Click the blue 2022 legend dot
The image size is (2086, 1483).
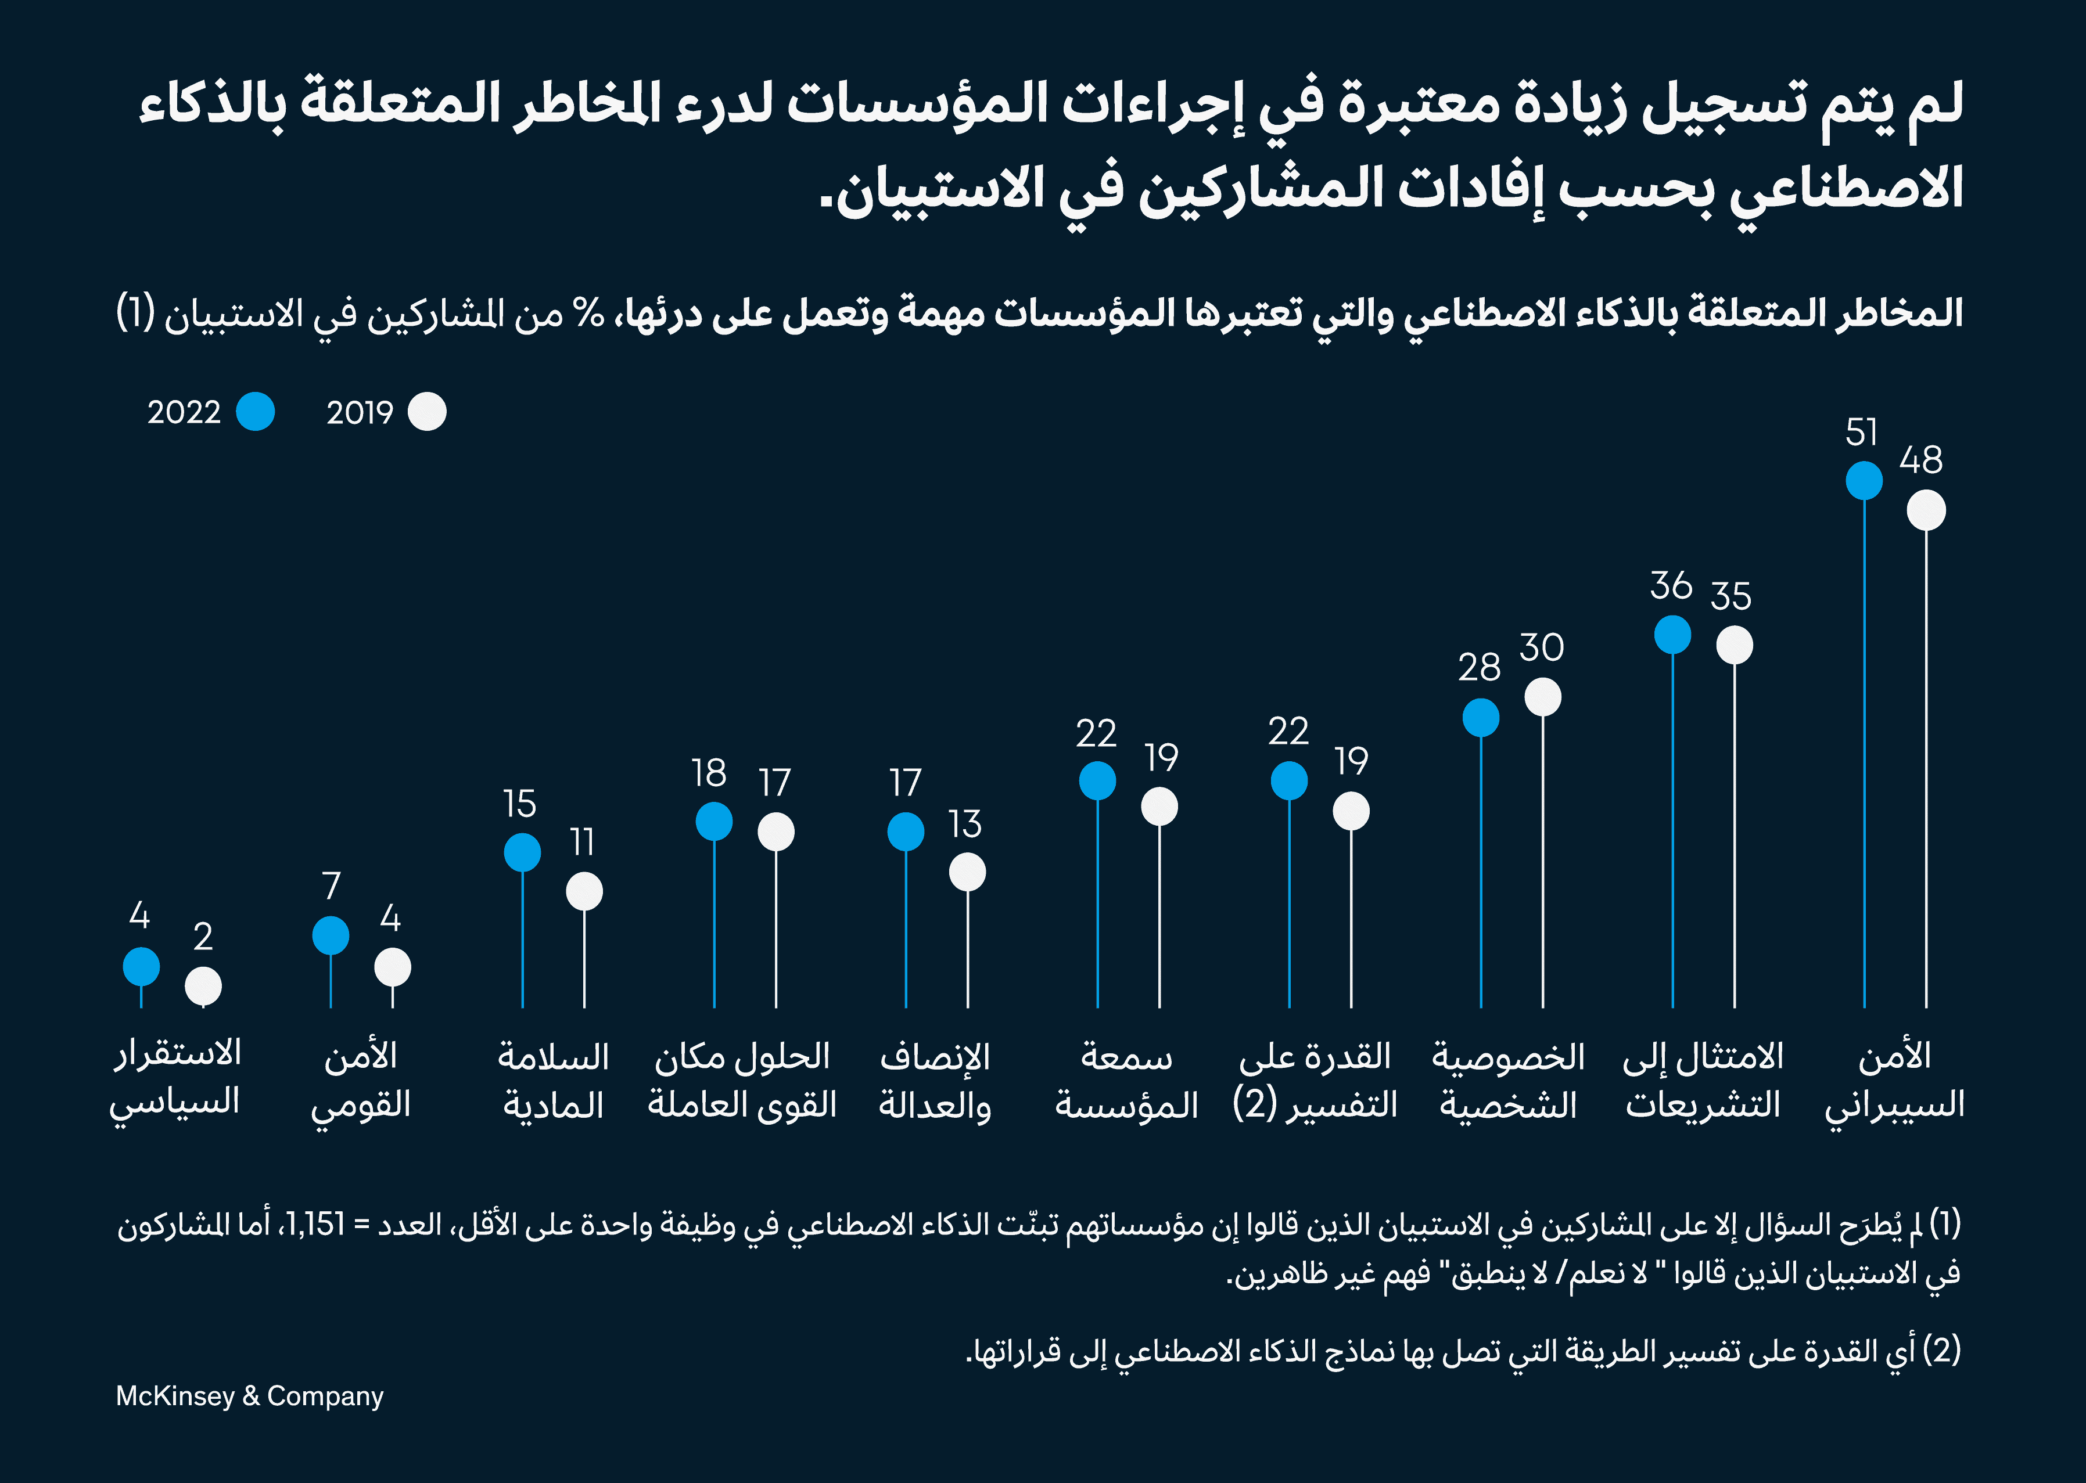[x=255, y=412]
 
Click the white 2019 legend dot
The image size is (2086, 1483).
[x=428, y=412]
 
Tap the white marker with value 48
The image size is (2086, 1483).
[x=1926, y=510]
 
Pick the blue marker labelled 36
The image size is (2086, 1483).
[x=1672, y=635]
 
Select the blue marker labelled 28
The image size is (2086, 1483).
[x=1481, y=718]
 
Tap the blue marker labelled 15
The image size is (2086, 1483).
[x=522, y=853]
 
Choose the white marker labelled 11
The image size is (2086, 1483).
[x=584, y=892]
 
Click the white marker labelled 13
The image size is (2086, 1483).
[x=967, y=872]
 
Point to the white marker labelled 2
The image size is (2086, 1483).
[x=203, y=986]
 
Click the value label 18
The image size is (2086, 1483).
[x=709, y=773]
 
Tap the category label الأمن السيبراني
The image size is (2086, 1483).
[x=1894, y=1080]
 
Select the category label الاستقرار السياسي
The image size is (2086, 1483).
[x=175, y=1078]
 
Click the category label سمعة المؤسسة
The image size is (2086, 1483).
[x=1126, y=1080]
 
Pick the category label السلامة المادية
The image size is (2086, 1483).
[x=554, y=1080]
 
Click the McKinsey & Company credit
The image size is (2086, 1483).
[x=249, y=1396]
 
